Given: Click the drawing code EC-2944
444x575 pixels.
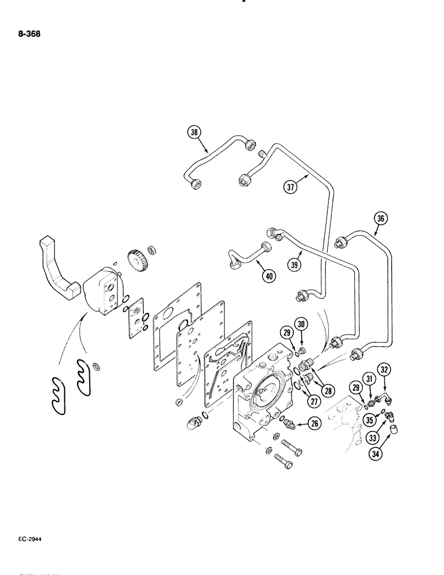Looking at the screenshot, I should pos(27,540).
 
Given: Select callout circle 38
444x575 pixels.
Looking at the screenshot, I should pos(196,132).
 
